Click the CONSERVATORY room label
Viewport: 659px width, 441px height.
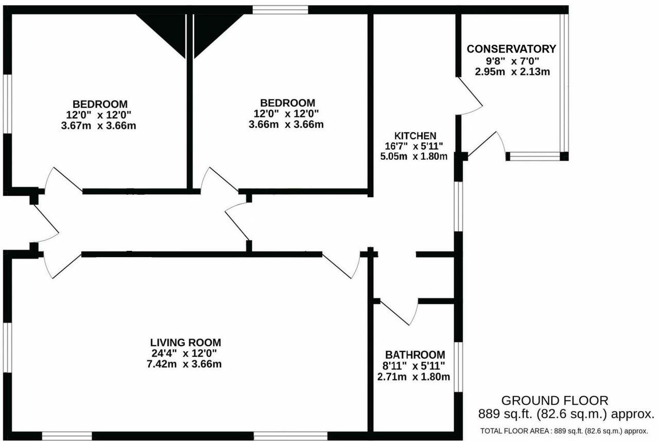pos(511,49)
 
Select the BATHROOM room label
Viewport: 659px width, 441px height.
pos(415,354)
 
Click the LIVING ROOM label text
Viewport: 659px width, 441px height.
pos(185,342)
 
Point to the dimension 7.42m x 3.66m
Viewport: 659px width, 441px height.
pos(184,364)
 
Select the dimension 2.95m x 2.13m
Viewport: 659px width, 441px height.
pos(512,72)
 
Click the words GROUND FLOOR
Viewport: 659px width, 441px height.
pos(555,400)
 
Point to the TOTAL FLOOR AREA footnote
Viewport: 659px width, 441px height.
pos(564,431)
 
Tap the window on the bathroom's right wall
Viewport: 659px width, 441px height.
pos(458,367)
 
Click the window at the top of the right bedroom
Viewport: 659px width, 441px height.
pos(280,9)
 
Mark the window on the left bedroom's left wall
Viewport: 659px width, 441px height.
pos(8,104)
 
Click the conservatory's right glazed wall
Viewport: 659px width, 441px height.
pos(564,82)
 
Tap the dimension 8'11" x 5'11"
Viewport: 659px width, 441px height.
pos(415,366)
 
